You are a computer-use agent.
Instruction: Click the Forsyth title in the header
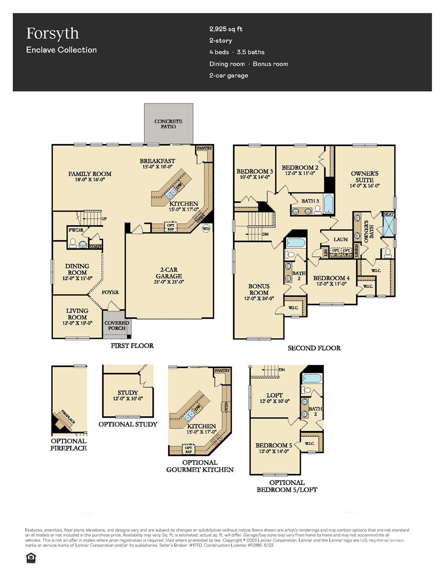[x=52, y=33]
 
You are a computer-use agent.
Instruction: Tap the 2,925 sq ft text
[x=226, y=29]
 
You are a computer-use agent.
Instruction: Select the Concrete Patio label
[x=168, y=124]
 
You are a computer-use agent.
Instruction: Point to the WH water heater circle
[x=206, y=228]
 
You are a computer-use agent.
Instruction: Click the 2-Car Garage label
[x=169, y=273]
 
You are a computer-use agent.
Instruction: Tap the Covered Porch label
[x=117, y=325]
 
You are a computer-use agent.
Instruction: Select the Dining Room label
[x=77, y=269]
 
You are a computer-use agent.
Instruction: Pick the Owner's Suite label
[x=364, y=177]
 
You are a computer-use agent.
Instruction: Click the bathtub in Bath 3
[x=328, y=204]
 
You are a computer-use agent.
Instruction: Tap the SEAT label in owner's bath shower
[x=389, y=214]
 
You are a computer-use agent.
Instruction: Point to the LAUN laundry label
[x=340, y=239]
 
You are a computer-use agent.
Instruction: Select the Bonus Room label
[x=259, y=289]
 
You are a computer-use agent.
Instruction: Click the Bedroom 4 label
[x=331, y=278]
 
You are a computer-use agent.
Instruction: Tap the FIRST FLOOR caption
[x=132, y=346]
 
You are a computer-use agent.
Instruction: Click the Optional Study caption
[x=128, y=424]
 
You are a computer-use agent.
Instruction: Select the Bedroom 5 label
[x=274, y=445]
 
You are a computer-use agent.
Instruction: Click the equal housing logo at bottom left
[x=31, y=558]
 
